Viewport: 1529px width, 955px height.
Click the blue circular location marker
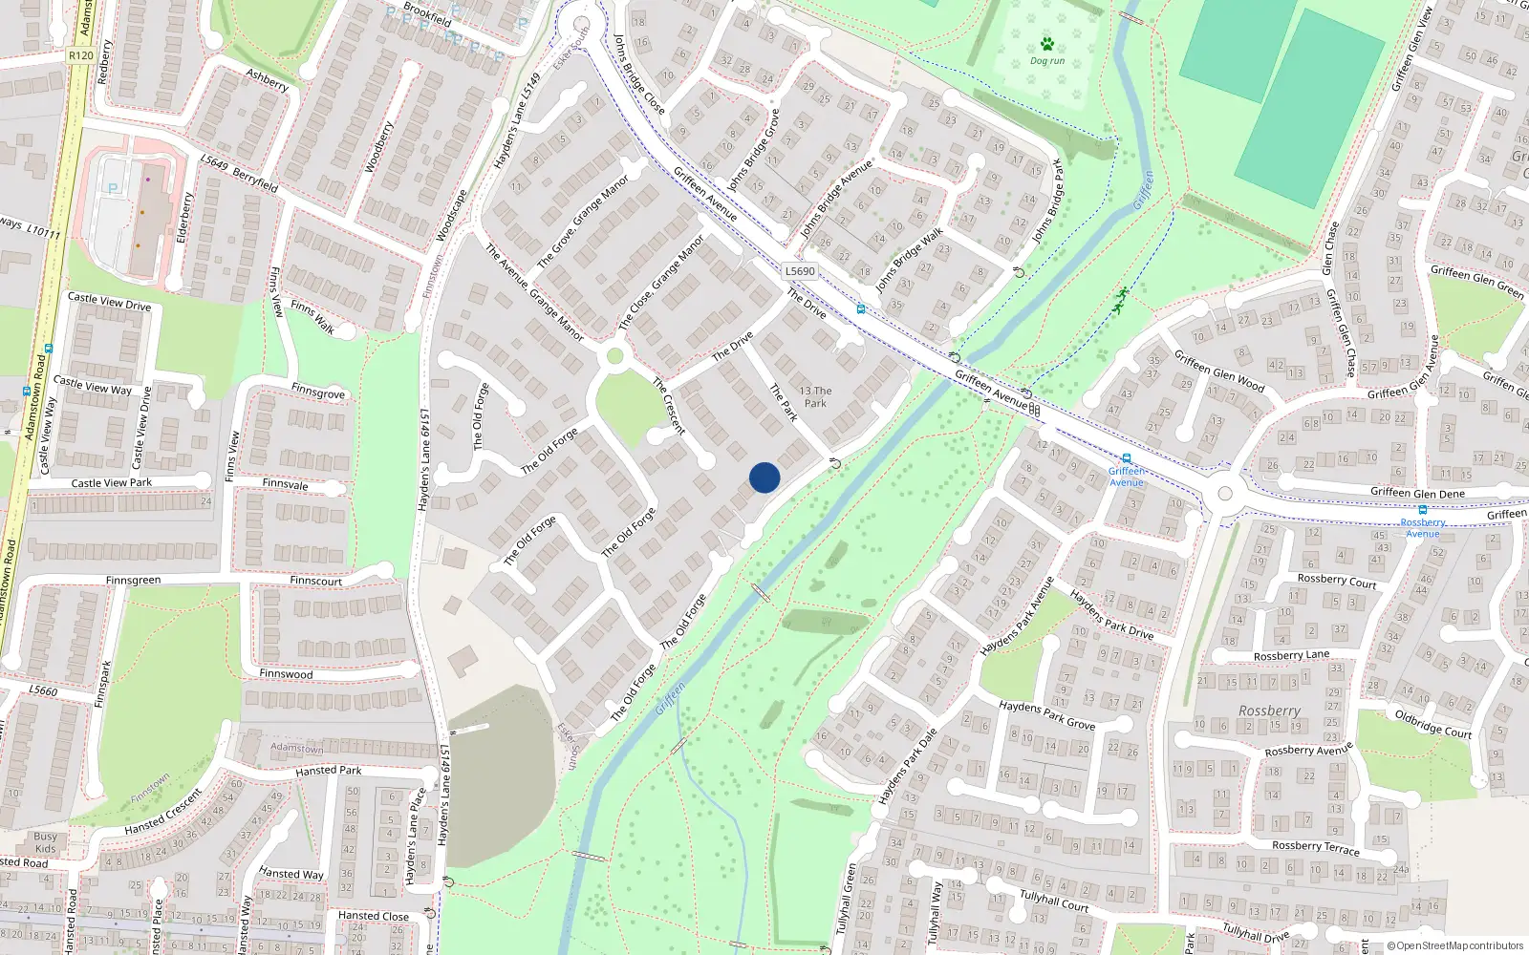pyautogui.click(x=764, y=477)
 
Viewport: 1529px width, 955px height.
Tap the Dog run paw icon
pyautogui.click(x=1047, y=44)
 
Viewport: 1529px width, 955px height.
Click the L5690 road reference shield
pyautogui.click(x=800, y=271)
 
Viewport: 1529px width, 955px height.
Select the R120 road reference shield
pyautogui.click(x=81, y=55)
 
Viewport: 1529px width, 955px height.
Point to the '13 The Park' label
pyautogui.click(x=815, y=396)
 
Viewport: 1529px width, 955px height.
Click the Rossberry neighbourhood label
pyautogui.click(x=1269, y=711)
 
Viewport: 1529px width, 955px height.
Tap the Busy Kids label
pyautogui.click(x=45, y=842)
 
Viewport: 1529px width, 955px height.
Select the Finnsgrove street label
pyautogui.click(x=318, y=393)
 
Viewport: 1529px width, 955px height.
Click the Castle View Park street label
pyautogui.click(x=111, y=483)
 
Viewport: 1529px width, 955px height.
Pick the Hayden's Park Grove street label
pyautogui.click(x=1046, y=715)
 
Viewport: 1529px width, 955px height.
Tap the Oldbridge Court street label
pyautogui.click(x=1432, y=724)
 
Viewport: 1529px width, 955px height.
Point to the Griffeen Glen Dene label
pyautogui.click(x=1417, y=493)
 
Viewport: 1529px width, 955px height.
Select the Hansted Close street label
pyautogui.click(x=373, y=916)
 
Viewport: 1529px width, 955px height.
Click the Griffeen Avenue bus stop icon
pyautogui.click(x=1127, y=458)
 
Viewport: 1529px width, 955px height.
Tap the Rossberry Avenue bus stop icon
pyautogui.click(x=1423, y=510)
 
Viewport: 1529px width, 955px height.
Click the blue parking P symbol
pyautogui.click(x=113, y=189)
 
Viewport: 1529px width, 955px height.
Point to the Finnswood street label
pyautogui.click(x=286, y=674)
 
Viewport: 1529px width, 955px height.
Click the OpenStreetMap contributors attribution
pyautogui.click(x=1454, y=946)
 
